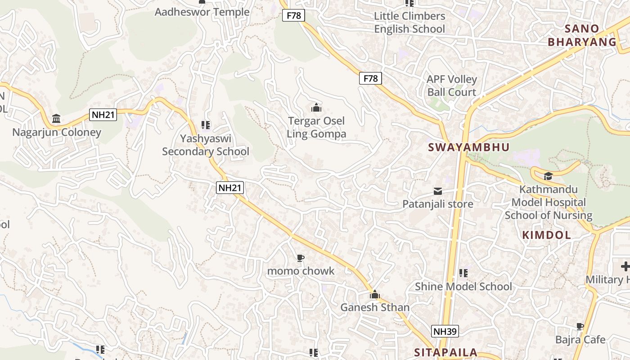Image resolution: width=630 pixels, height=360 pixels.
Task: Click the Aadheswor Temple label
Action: coord(202,12)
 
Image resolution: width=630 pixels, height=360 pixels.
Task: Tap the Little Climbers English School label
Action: coord(409,22)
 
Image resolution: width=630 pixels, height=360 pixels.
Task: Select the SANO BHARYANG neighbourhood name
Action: coord(582,36)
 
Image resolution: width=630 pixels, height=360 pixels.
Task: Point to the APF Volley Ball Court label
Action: coord(452,85)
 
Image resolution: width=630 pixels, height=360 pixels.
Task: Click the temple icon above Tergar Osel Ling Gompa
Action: coord(316,108)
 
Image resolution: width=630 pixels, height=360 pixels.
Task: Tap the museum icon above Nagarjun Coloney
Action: coord(57,119)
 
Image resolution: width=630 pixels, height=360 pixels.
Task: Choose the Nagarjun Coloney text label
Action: coord(57,132)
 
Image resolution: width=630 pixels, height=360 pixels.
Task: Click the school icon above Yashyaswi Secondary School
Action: coord(206,125)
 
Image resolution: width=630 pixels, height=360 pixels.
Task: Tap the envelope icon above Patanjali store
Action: coord(438,191)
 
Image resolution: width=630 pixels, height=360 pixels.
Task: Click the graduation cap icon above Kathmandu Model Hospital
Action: coord(548,176)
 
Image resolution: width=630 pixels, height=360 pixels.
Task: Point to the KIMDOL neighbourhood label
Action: coord(547,234)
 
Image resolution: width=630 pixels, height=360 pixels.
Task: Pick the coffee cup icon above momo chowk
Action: coord(301,258)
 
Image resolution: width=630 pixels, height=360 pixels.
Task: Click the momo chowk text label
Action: coord(301,271)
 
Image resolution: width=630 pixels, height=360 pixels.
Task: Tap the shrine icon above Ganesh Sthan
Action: coord(375,295)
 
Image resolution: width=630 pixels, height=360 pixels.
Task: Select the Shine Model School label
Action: coord(463,287)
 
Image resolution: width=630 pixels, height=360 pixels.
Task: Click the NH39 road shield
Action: coord(445,332)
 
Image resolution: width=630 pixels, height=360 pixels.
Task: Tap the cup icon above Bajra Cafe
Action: coord(580,326)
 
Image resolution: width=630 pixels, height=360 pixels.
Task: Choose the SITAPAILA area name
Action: coord(445,352)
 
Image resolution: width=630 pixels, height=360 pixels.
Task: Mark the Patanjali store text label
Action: coord(438,204)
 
